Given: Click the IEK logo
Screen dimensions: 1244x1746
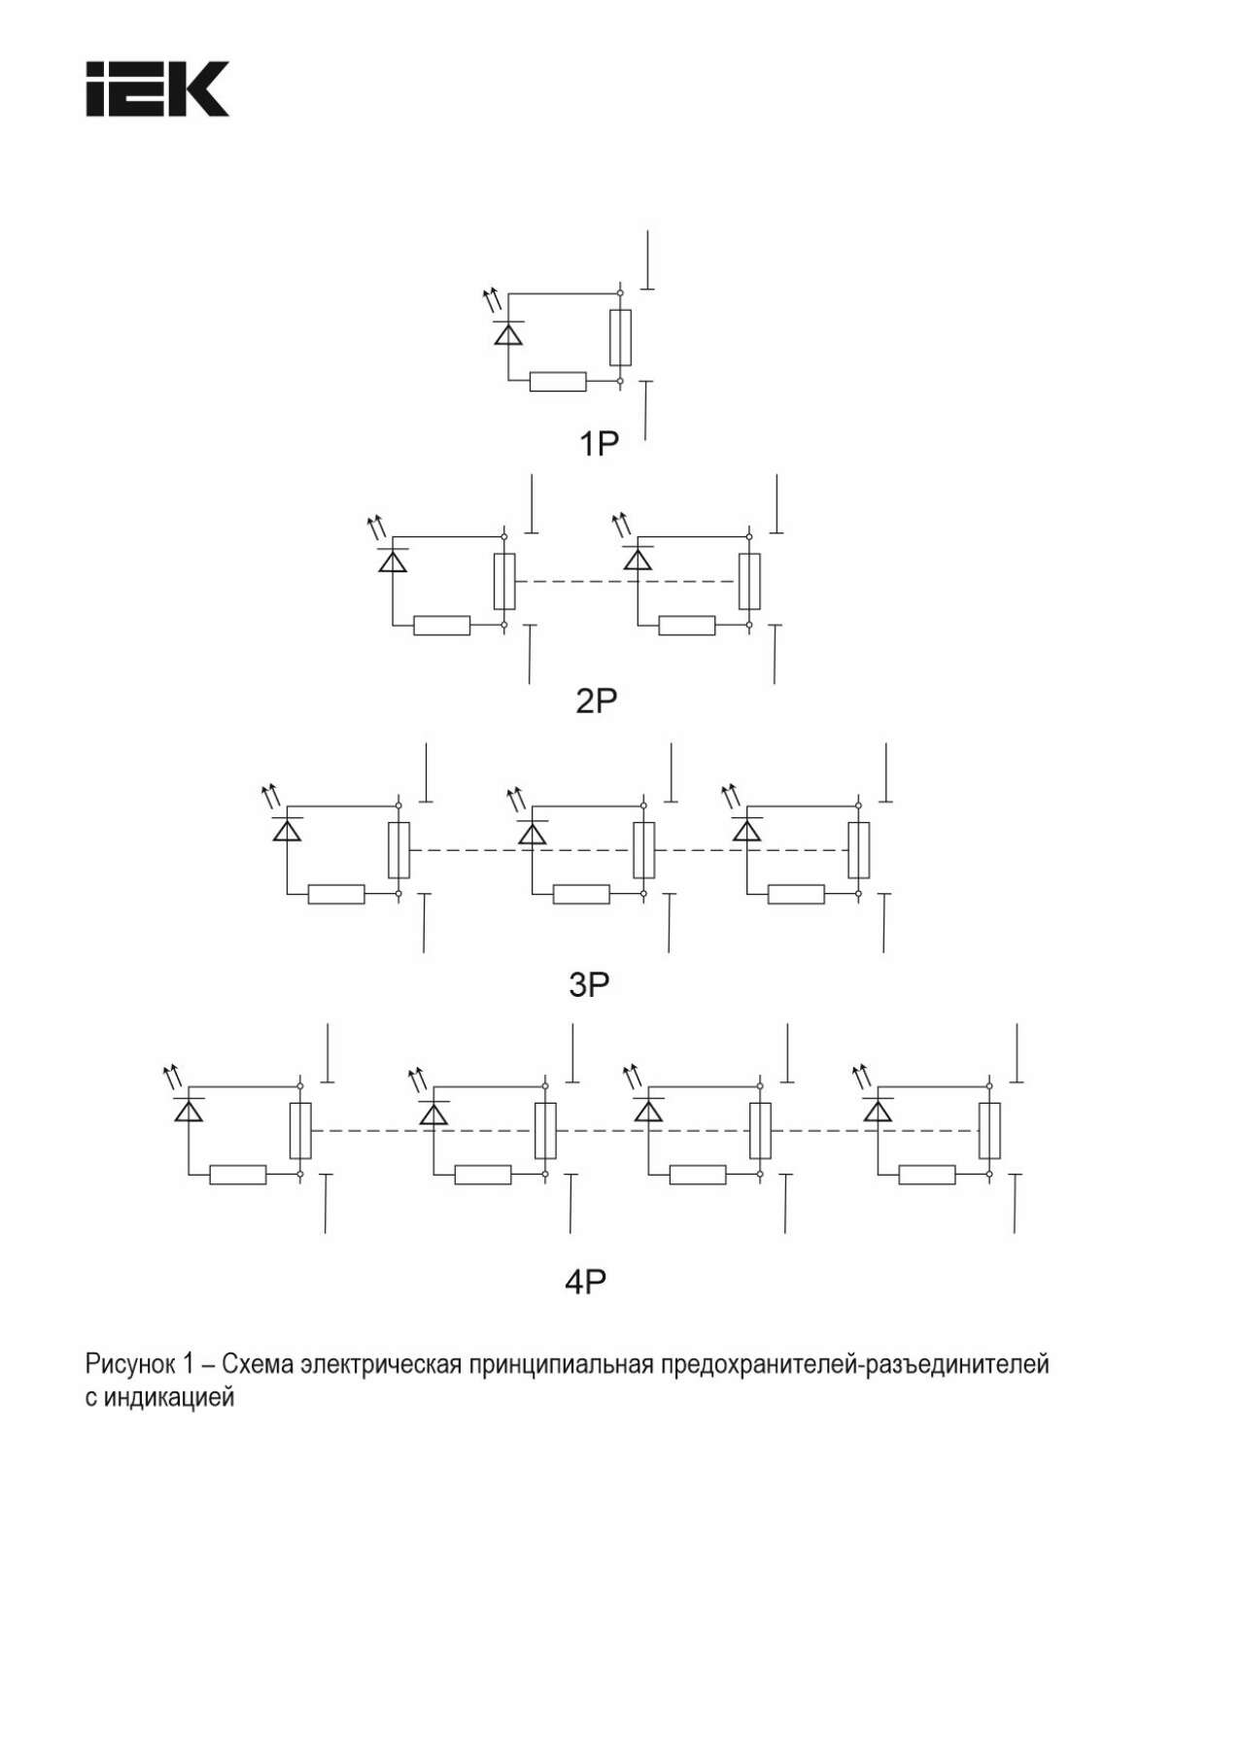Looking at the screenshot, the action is click(x=157, y=89).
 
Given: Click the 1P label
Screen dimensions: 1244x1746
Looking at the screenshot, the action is click(x=599, y=444).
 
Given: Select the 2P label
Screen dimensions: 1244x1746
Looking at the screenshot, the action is click(x=597, y=701).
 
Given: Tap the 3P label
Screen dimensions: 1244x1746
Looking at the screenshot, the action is click(x=589, y=984).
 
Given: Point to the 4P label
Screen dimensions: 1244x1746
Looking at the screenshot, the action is click(x=585, y=1282).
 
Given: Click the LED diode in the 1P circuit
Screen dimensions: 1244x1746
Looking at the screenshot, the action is click(x=507, y=332).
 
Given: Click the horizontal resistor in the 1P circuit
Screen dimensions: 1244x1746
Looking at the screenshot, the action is click(x=558, y=382).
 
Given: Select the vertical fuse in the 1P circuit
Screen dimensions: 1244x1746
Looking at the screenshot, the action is click(x=620, y=338).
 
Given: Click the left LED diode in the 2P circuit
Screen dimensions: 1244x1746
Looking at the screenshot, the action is click(x=393, y=560).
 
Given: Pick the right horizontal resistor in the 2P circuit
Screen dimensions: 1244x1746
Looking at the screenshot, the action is click(x=687, y=626).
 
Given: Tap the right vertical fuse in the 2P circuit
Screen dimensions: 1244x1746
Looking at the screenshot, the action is click(x=749, y=581).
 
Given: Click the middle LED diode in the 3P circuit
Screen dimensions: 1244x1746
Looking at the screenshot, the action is click(x=532, y=832).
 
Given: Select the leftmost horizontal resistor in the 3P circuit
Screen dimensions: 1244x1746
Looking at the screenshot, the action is click(x=336, y=895).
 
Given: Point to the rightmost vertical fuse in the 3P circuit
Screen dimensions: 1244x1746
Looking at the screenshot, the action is click(x=858, y=850).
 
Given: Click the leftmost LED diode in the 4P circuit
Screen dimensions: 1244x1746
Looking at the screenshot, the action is click(x=189, y=1110).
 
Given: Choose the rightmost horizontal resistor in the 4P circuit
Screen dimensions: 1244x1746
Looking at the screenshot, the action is click(x=927, y=1175).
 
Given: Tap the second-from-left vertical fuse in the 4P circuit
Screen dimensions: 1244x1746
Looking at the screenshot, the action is click(x=545, y=1131).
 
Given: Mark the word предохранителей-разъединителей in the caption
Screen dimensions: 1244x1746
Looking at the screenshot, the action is click(x=855, y=1364).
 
